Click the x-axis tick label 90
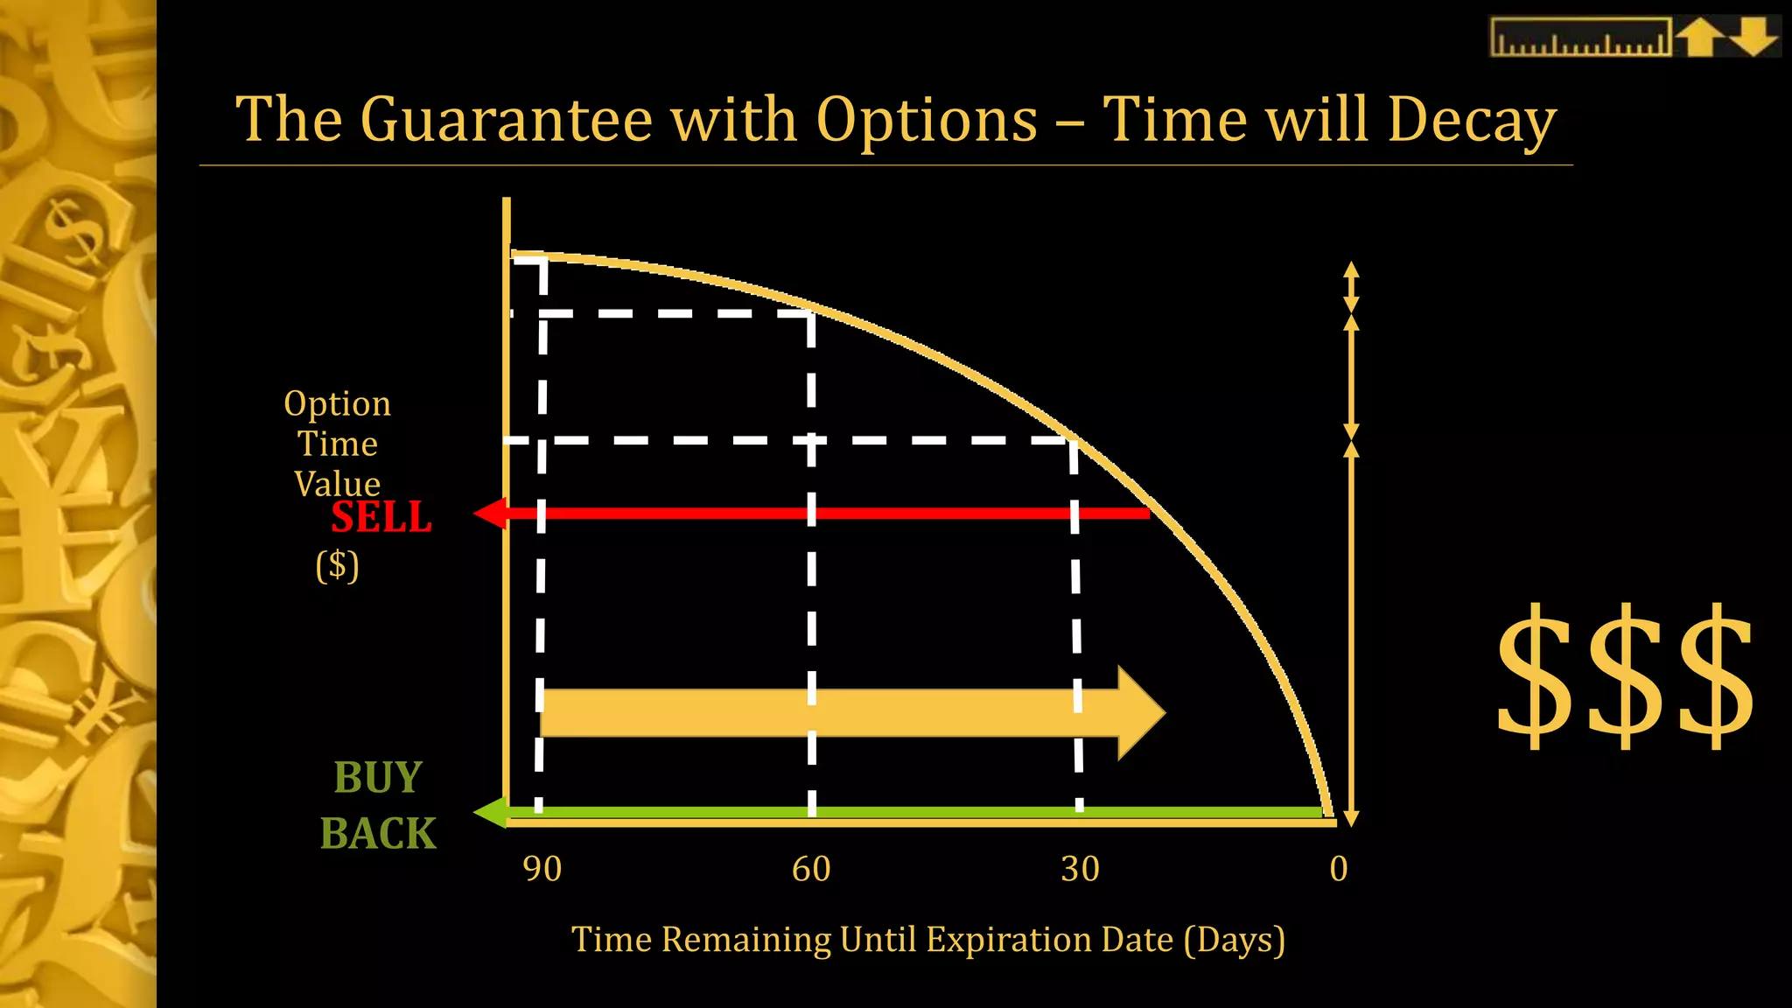coord(542,869)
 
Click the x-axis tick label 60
coord(811,869)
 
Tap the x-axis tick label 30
coord(1080,869)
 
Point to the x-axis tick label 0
coord(1338,869)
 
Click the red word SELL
coord(381,517)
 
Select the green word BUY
coord(378,777)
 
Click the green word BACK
coord(378,833)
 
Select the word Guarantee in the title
coord(507,120)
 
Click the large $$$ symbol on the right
coord(1625,675)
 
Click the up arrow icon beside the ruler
coord(1699,38)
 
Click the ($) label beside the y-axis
coord(337,565)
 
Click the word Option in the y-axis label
coord(337,403)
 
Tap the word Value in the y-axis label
coord(337,484)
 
